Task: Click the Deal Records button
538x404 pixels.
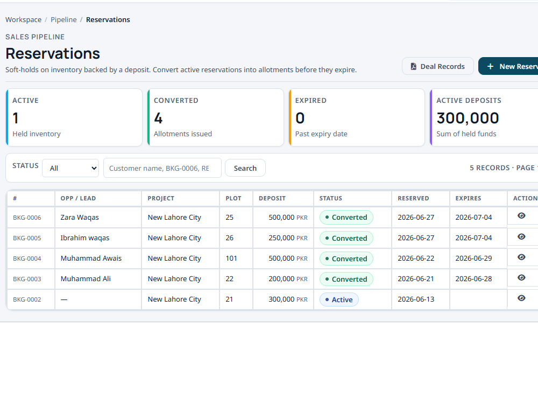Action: [x=438, y=66]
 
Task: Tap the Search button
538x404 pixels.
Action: [x=245, y=168]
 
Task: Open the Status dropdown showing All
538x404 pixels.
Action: [x=70, y=168]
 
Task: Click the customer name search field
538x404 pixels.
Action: [x=162, y=168]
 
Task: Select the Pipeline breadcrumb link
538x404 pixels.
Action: [x=63, y=19]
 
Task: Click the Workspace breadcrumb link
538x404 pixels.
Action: [x=23, y=19]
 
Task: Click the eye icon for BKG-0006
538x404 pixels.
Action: [x=521, y=216]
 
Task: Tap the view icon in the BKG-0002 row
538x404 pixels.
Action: [x=521, y=298]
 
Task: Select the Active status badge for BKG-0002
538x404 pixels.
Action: [x=339, y=299]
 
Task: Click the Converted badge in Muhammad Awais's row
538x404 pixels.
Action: [x=346, y=259]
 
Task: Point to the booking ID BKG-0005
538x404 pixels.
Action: [x=27, y=238]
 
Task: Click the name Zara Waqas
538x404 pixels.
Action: [x=80, y=218]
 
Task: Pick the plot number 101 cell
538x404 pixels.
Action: [x=231, y=259]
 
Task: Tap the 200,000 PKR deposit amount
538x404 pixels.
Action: [x=288, y=279]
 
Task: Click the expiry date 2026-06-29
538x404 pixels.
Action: [x=473, y=259]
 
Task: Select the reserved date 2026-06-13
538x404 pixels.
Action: [x=416, y=299]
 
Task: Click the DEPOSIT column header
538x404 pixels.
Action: [x=272, y=198]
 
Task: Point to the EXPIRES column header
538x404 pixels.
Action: [x=468, y=198]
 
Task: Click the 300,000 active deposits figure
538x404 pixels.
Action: [x=468, y=118]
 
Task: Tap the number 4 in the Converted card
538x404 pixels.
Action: [x=158, y=118]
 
